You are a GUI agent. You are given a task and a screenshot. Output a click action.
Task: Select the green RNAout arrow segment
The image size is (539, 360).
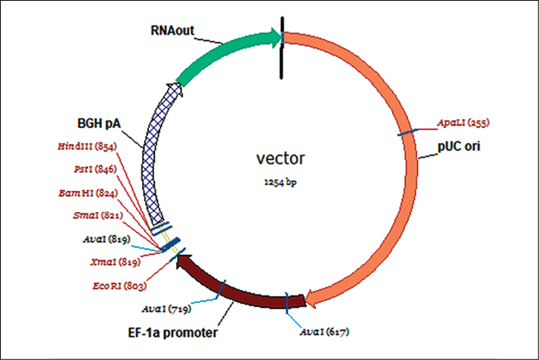[223, 54]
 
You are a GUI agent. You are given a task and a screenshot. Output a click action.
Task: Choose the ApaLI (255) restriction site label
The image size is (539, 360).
[462, 122]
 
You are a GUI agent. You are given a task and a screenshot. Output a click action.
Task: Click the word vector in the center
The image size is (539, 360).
[283, 158]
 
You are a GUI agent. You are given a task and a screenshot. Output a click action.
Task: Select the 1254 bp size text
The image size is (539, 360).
[283, 181]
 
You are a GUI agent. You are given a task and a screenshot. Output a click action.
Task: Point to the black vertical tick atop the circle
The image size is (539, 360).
[282, 45]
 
